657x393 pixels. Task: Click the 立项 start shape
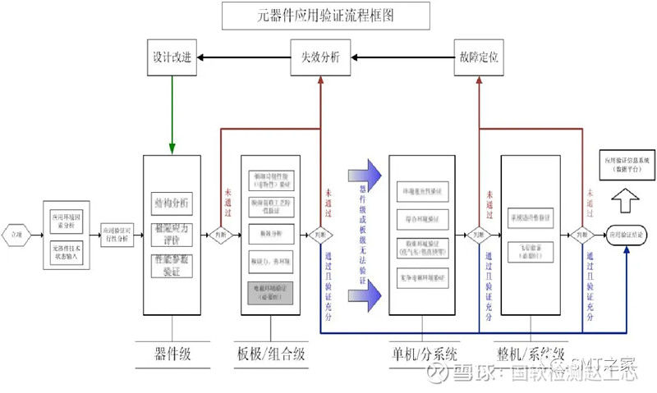coord(16,235)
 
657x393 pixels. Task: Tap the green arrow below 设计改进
coord(172,115)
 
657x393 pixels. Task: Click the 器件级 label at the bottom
coord(172,354)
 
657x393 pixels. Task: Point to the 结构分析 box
coord(172,203)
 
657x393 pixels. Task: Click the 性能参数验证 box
coord(172,264)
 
